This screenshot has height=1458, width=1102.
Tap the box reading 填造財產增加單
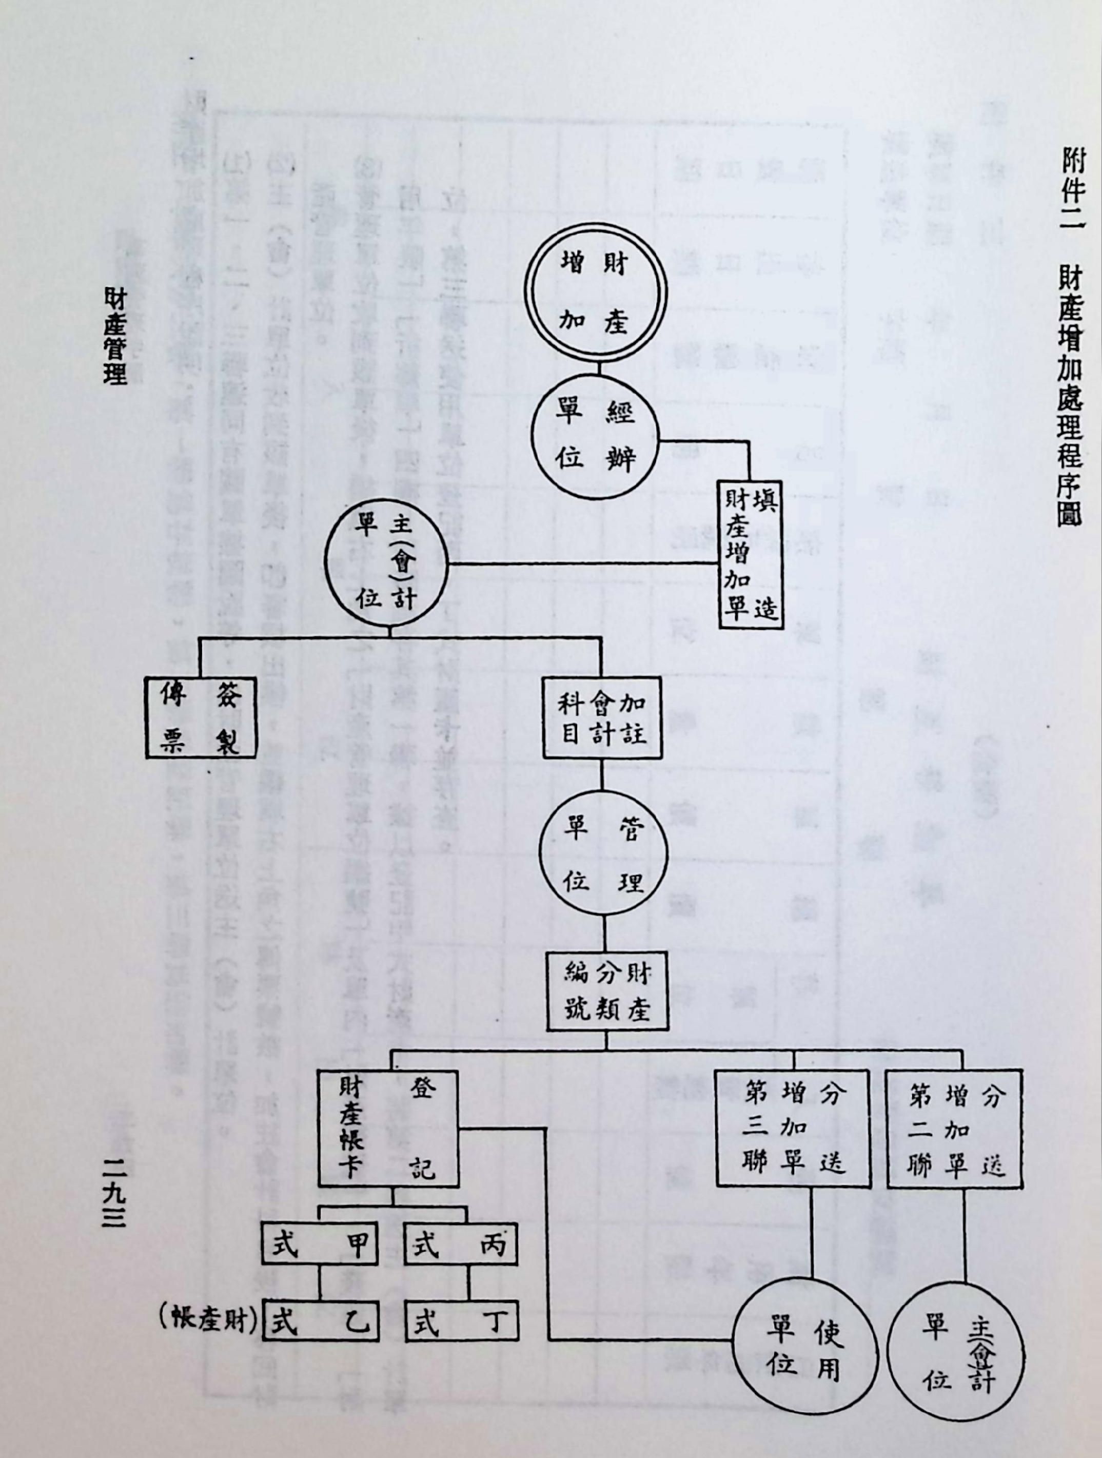(750, 555)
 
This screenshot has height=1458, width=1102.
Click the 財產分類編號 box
(607, 990)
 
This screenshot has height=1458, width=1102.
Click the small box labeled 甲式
(320, 1244)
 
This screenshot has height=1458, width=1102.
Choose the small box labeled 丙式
(460, 1244)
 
